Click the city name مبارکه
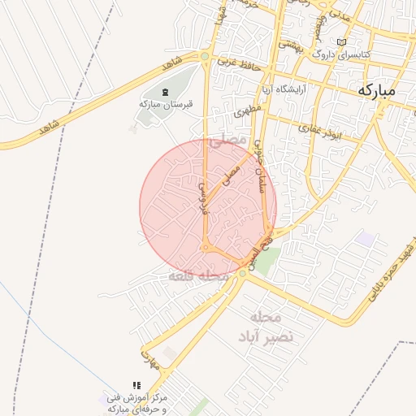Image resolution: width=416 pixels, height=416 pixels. coord(375,90)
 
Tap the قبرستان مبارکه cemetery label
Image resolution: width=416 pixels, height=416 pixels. coord(163,104)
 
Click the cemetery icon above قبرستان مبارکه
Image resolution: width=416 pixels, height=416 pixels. coord(166,91)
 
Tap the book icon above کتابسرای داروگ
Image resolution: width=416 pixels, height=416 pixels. coord(341,42)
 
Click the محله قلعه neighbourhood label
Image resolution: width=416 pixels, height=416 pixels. coord(193,277)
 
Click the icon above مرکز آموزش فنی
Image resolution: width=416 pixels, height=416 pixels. coord(136,384)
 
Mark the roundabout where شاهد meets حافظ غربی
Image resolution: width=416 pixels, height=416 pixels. coord(205,56)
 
